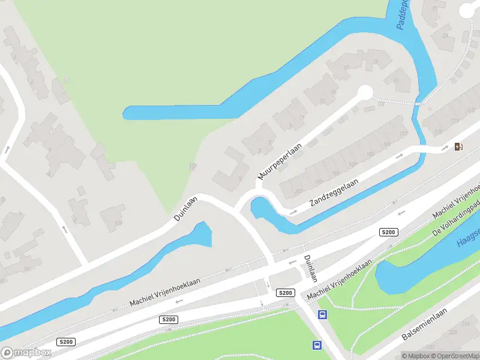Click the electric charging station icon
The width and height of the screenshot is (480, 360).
[x=459, y=146]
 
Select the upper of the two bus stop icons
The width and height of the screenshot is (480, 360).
[x=323, y=314]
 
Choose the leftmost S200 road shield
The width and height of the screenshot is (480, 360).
[x=65, y=341]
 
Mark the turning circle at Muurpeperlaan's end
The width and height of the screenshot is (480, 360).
[x=364, y=92]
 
